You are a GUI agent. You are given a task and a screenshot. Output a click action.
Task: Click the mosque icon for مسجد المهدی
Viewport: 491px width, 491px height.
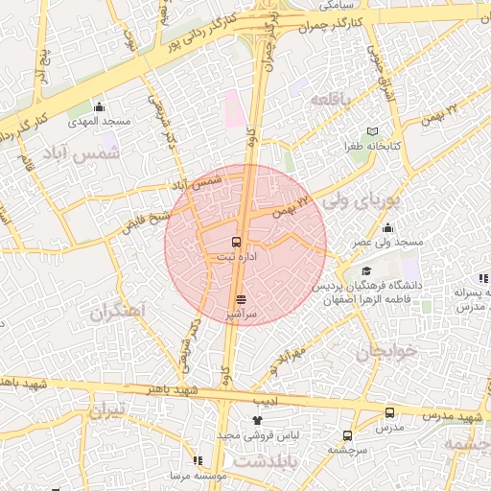(x=100, y=106)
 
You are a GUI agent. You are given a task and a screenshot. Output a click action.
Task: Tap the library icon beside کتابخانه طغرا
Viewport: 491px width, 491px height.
(x=373, y=131)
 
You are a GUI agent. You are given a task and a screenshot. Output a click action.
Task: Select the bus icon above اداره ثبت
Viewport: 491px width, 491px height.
(x=237, y=242)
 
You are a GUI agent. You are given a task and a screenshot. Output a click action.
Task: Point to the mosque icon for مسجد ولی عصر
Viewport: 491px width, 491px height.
(x=387, y=227)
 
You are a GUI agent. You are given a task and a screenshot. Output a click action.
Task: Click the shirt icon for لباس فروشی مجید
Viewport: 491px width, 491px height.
(x=256, y=420)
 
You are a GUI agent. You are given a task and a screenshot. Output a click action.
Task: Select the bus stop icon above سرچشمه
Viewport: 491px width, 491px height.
(x=347, y=434)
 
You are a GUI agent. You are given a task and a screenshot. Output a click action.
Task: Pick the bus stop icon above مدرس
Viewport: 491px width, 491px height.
(x=388, y=412)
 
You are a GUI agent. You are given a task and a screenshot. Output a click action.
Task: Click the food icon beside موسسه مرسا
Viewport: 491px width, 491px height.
(x=198, y=460)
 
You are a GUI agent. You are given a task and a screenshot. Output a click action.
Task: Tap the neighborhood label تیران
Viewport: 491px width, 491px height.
(x=107, y=412)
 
